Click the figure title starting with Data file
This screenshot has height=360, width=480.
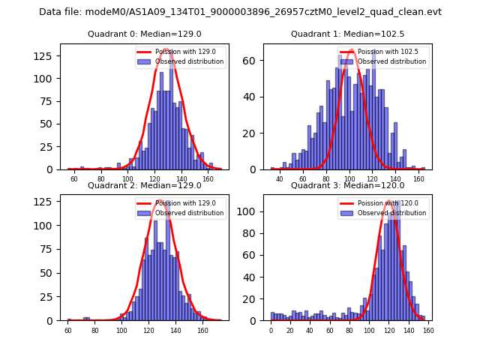coord(240,12)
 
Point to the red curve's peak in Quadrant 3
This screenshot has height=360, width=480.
coord(389,202)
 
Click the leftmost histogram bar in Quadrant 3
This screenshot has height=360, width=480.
coord(273,316)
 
